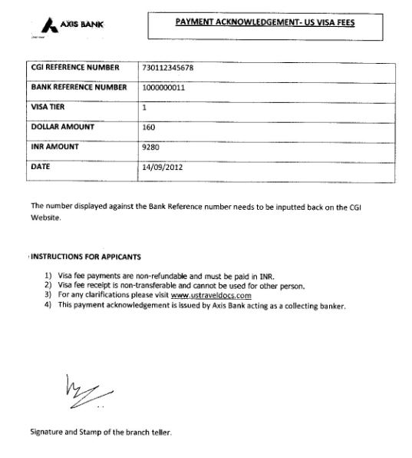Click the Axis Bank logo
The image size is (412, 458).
click(x=71, y=24)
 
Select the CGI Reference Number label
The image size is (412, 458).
click(x=76, y=68)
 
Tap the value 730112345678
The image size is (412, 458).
click(x=168, y=68)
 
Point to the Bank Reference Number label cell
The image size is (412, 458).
click(x=78, y=88)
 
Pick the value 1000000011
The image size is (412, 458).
click(x=164, y=88)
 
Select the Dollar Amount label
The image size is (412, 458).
click(x=62, y=127)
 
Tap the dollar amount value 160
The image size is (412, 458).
click(x=150, y=127)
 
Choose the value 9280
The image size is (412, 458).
click(x=151, y=146)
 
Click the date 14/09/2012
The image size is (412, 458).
click(x=163, y=166)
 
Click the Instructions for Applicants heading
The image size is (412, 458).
click(x=85, y=257)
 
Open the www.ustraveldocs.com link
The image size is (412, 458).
click(x=211, y=295)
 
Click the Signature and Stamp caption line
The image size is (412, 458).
click(x=101, y=432)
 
